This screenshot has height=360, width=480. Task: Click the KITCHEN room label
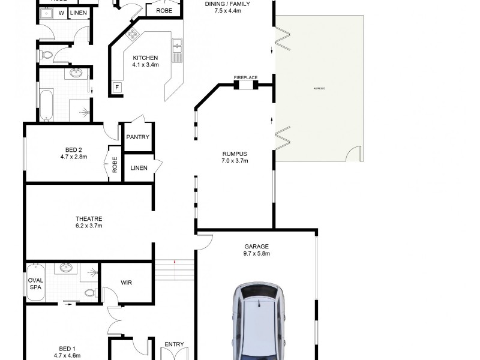pos(145,58)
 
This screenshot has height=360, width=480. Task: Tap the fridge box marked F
pos(118,88)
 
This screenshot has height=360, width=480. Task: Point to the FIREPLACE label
pos(245,77)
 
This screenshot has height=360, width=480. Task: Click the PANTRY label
pos(137,137)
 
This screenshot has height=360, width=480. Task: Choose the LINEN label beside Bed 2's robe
pos(139,169)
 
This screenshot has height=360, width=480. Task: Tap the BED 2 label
pos(76,149)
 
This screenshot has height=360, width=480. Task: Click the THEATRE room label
pos(89,218)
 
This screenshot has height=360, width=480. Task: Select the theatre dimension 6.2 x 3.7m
pos(89,226)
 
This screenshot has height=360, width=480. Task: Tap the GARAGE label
pos(256,246)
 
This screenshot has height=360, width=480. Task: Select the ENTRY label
pos(174,344)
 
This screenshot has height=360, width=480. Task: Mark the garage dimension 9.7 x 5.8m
pos(256,254)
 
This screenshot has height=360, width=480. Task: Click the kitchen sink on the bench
pos(176,49)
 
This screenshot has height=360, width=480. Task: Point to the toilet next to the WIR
pos(89,293)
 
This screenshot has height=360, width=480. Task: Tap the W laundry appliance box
pos(61,13)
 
